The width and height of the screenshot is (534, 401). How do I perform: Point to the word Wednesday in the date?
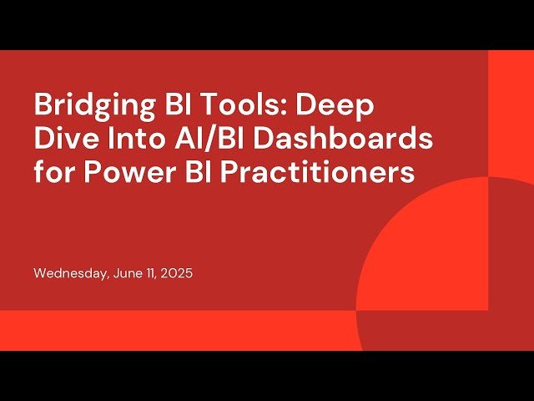click(x=69, y=273)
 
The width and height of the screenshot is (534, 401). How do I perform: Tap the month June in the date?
click(x=127, y=273)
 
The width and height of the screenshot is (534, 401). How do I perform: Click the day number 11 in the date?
click(x=151, y=273)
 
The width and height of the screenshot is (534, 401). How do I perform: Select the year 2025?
click(x=177, y=273)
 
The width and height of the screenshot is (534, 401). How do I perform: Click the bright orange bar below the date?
click(x=167, y=330)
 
